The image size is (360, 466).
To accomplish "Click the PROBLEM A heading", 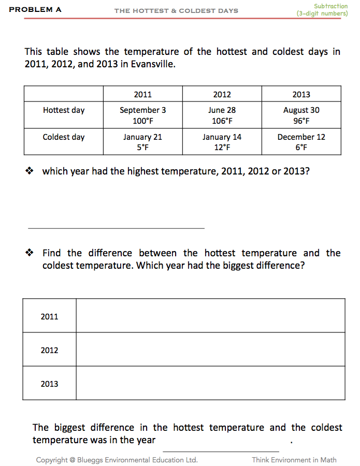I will click(35, 9).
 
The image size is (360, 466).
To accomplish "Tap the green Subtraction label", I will click(330, 6).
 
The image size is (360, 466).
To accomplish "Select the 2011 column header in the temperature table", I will click(142, 94).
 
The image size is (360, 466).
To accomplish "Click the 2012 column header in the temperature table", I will click(222, 94).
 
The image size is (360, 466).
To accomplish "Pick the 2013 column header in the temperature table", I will click(301, 94).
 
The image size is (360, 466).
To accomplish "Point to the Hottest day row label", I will click(64, 110).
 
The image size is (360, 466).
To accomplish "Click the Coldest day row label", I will click(64, 137).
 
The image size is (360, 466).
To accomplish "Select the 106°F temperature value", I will click(222, 121).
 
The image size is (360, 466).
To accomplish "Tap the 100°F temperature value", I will click(142, 121).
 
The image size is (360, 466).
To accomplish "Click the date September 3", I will click(142, 110).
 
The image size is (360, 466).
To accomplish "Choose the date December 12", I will click(301, 137).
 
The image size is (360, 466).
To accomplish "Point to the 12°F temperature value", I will click(222, 148).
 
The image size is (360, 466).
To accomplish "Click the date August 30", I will click(301, 110).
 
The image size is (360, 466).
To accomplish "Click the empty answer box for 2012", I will click(210, 349).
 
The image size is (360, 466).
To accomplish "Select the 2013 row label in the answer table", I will click(50, 384).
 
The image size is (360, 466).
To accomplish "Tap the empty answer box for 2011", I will click(210, 316).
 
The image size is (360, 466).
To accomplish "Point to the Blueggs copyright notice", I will click(117, 460).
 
